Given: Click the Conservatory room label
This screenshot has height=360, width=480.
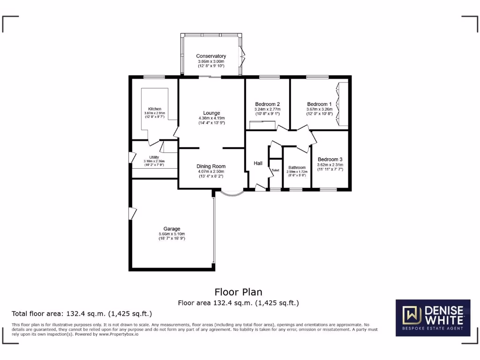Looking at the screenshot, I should [x=211, y=56].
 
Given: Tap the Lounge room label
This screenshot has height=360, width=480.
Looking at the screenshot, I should [x=211, y=113].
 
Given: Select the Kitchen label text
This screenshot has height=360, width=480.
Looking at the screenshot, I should [x=155, y=109].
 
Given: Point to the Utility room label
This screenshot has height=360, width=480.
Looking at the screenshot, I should [x=154, y=157].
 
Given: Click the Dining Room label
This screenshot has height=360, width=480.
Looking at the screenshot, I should [x=211, y=166].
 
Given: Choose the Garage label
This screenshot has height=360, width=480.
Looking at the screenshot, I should [x=172, y=229].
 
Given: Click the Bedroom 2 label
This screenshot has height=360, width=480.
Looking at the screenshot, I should [x=267, y=104].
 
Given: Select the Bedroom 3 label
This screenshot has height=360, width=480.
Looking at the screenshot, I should [x=330, y=159].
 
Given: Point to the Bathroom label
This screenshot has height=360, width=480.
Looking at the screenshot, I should [x=297, y=167].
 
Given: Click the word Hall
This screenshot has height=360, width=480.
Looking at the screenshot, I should [x=258, y=163].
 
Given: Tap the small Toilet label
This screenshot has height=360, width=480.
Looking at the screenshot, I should [x=275, y=170].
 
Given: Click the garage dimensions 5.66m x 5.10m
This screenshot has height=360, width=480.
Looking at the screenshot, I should [x=172, y=234].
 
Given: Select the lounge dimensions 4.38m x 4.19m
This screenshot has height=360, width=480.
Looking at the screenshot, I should [x=211, y=118].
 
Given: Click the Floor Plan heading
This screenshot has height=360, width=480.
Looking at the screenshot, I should [x=238, y=292].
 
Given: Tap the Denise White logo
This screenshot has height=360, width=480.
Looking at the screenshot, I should [x=433, y=317].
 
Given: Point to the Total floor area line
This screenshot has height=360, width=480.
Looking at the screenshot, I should [x=82, y=314].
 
